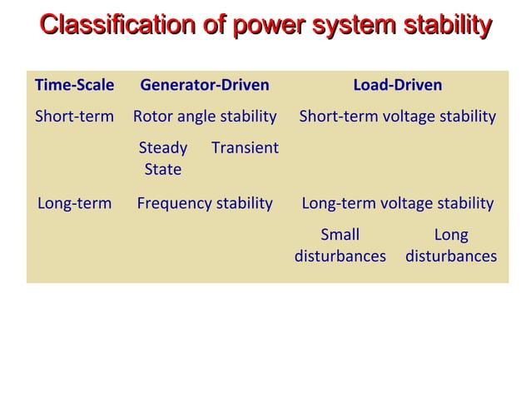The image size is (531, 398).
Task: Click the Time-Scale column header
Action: tap(74, 85)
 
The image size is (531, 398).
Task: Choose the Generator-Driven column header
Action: tap(205, 85)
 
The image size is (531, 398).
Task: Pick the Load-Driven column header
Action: tap(398, 85)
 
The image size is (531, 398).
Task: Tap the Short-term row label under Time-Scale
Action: tap(74, 116)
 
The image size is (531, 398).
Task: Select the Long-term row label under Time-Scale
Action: tap(74, 203)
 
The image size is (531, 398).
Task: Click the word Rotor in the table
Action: tap(152, 116)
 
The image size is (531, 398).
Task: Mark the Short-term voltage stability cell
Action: tap(398, 116)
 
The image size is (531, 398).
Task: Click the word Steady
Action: tap(162, 148)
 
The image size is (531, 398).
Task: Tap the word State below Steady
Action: tap(162, 169)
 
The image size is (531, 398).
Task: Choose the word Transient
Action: tap(245, 148)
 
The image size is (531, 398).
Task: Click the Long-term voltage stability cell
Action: tap(398, 203)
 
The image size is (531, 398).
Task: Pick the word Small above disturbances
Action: tap(340, 236)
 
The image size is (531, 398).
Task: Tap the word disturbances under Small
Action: tap(340, 256)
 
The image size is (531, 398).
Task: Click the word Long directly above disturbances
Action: tap(451, 236)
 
